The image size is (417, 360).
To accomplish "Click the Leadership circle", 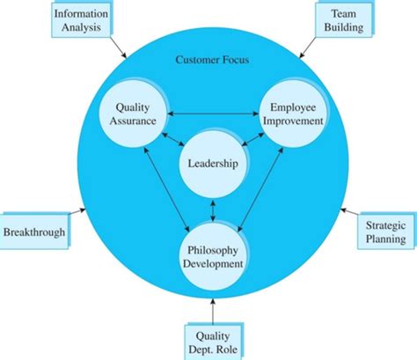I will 211,165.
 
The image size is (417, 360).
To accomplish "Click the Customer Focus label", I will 212,61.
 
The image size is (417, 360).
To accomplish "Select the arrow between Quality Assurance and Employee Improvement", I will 211,113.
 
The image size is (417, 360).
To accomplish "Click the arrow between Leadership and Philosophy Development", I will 211,209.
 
